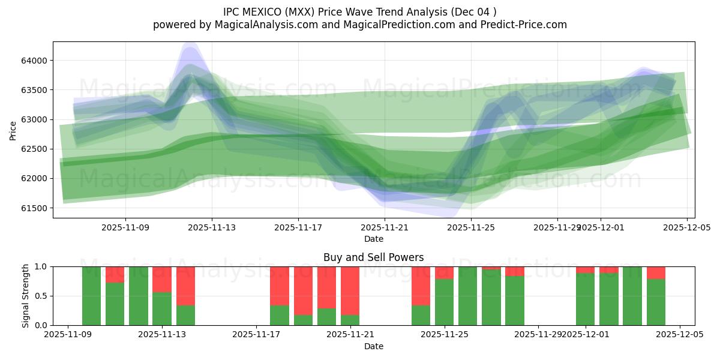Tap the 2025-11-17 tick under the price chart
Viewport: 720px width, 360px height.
(298, 227)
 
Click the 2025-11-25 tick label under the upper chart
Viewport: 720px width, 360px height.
(471, 227)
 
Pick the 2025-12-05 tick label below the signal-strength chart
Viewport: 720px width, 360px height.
(680, 335)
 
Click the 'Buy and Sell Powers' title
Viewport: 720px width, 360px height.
(373, 257)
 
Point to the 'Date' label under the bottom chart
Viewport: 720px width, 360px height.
(373, 346)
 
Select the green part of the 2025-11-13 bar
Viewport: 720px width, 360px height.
(162, 309)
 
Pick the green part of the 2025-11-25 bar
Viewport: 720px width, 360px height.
(445, 302)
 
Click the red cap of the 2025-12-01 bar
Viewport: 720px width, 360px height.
(586, 270)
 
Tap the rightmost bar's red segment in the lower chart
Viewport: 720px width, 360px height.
(656, 272)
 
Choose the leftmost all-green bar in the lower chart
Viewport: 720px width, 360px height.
(91, 296)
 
